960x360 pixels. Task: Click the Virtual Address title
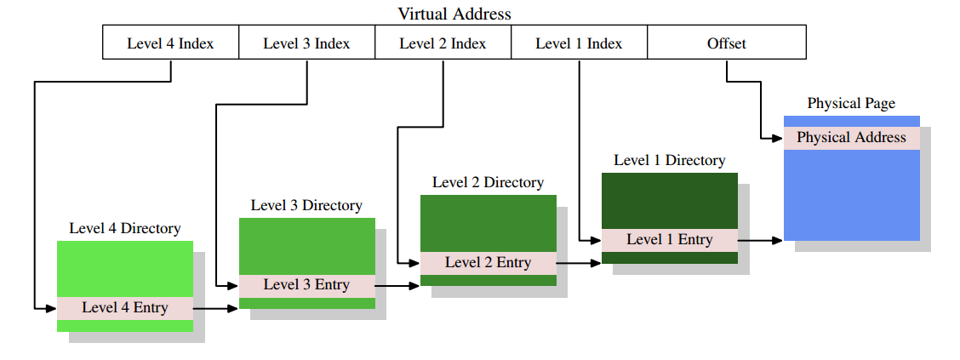point(454,14)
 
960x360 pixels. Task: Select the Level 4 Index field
point(170,43)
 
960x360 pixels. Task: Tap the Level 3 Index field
point(306,43)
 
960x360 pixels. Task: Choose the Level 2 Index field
point(443,43)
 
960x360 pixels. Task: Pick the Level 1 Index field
point(579,43)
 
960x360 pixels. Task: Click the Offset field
point(726,43)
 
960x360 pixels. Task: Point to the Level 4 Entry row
point(125,307)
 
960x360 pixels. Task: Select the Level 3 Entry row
point(306,285)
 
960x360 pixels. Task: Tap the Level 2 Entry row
point(488,262)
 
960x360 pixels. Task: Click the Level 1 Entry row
point(669,240)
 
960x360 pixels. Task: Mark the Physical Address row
point(851,138)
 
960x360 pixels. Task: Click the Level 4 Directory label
point(125,228)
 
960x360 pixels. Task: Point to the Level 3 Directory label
point(306,205)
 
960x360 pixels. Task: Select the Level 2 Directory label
point(488,182)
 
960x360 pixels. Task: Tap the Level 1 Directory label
point(670,160)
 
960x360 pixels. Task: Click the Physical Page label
point(851,103)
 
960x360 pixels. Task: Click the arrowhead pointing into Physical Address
point(778,138)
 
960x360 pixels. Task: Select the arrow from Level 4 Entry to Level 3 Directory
point(216,308)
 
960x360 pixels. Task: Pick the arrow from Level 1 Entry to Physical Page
point(760,241)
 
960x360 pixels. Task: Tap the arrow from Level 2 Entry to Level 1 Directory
point(579,263)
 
